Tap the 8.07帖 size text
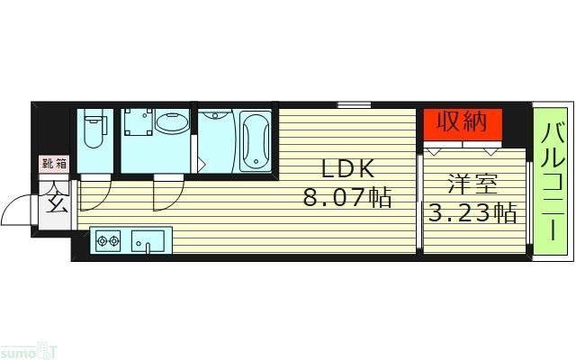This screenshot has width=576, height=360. tap(346, 198)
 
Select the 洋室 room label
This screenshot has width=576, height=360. tap(473, 184)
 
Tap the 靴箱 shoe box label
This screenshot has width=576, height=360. tap(54, 164)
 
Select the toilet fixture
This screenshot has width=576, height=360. tap(94, 132)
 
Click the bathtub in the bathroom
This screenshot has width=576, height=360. tap(256, 140)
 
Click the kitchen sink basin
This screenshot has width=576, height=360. tap(148, 241)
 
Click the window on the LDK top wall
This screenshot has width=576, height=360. tap(349, 105)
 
